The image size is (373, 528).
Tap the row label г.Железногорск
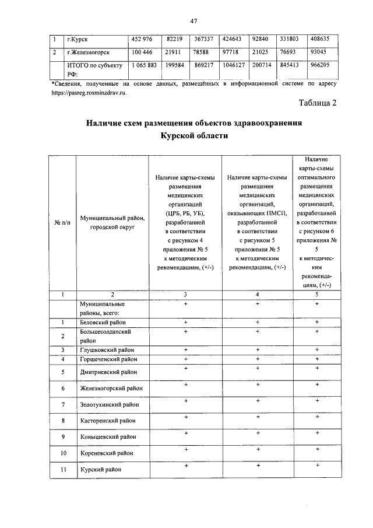coord(89,53)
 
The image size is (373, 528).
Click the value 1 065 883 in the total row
coord(144,66)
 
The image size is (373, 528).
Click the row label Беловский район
coord(103,322)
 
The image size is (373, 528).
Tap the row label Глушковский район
coord(105,350)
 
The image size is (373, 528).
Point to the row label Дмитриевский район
coord(109,372)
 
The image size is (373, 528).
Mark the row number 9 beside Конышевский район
coord(62,436)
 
